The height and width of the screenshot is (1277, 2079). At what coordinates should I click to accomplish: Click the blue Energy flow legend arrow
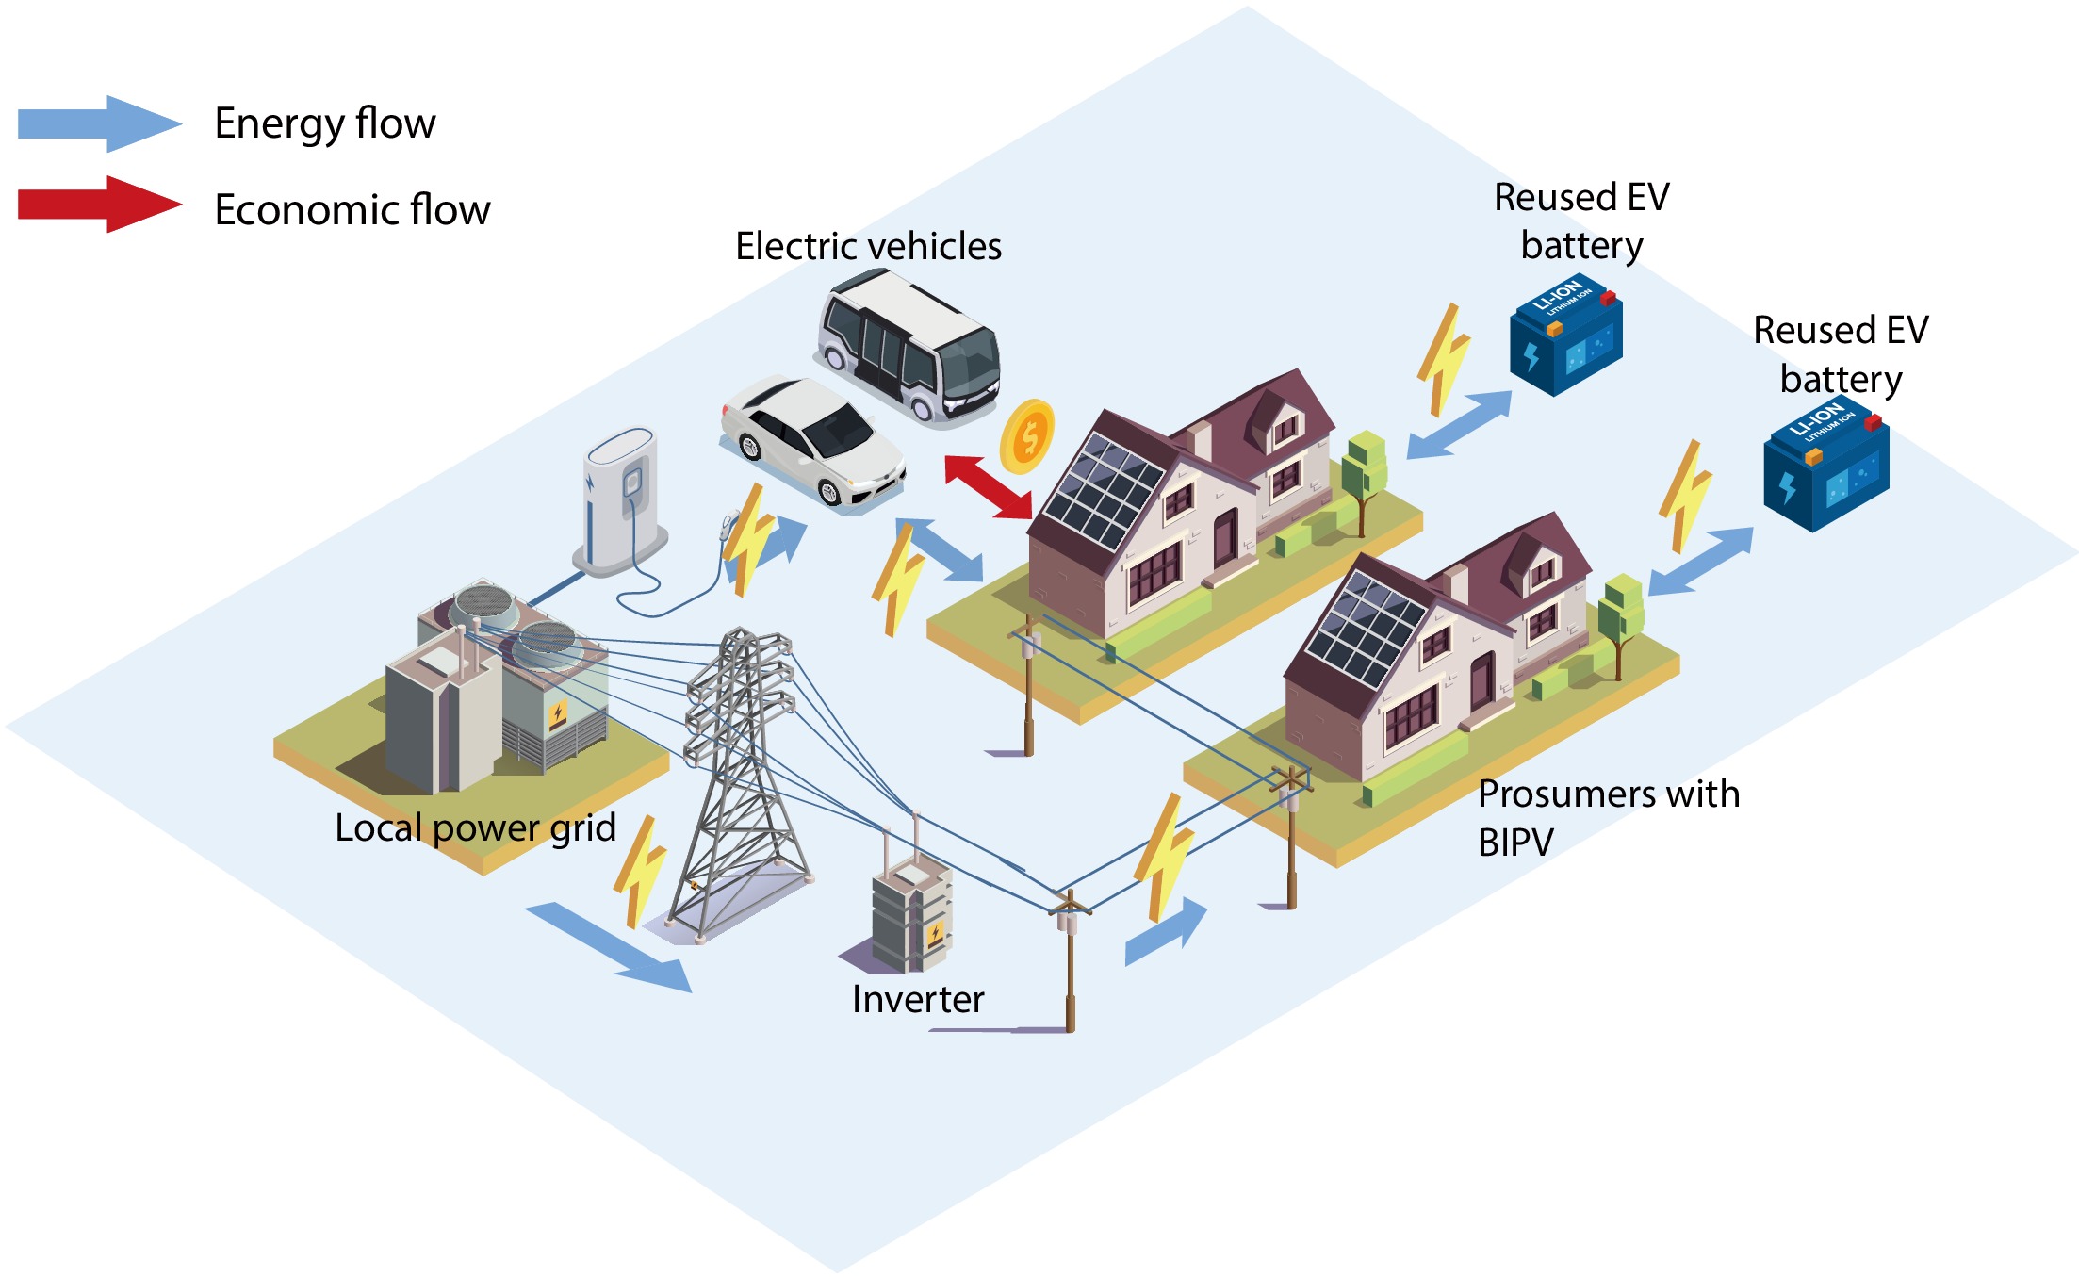99,123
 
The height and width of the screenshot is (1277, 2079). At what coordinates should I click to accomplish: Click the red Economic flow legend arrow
99,204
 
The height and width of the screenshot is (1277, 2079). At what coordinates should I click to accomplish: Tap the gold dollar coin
1027,436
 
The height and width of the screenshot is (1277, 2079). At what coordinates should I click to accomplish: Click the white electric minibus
908,345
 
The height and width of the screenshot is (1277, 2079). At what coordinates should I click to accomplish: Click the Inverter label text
918,999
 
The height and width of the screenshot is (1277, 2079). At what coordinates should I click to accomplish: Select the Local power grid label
475,828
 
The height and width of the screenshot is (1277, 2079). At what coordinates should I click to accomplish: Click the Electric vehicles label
868,246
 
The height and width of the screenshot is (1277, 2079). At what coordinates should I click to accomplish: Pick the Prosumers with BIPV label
1608,817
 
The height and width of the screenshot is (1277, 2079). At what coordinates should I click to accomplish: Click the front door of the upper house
1224,538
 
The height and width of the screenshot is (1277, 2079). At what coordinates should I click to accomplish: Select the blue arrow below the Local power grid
609,947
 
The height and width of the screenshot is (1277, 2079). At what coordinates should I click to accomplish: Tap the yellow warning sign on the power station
557,715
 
